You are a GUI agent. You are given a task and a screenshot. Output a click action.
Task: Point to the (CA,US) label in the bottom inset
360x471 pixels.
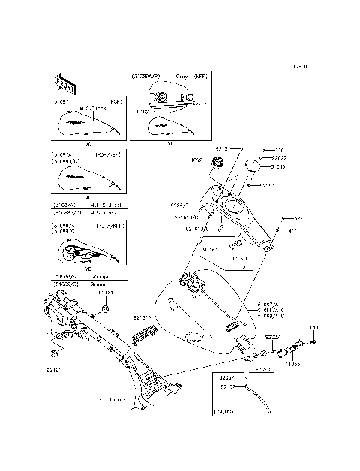[223, 412]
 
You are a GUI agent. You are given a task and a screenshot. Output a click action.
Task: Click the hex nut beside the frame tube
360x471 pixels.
[106, 309]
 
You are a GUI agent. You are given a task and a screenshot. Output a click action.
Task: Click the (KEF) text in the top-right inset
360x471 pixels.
[199, 76]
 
